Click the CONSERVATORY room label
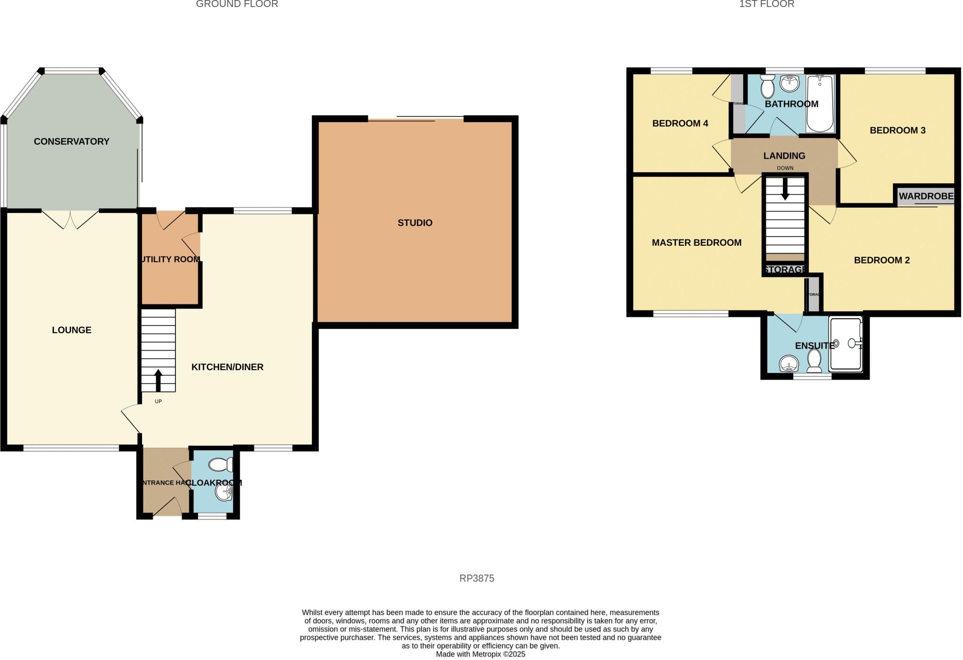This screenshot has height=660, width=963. coord(71,141)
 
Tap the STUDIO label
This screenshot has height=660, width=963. coord(415,223)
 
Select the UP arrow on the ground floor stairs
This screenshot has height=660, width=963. coord(158,380)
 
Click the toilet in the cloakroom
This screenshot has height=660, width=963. coord(221,465)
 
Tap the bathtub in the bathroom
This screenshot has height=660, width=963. coord(820,103)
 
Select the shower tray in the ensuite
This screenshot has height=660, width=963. coord(845,344)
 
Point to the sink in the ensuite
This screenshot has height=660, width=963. coord(789,364)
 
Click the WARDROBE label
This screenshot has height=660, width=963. coord(926,196)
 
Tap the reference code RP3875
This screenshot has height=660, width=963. coord(476,578)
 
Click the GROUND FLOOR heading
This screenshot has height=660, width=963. coord(237,4)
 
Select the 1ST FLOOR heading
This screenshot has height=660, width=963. coord(766,4)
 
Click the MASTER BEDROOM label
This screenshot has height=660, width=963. coord(696,242)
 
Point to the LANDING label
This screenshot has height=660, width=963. coord(784,155)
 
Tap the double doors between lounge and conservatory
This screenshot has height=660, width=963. coord(71,219)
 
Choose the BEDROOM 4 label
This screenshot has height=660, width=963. coord(680,124)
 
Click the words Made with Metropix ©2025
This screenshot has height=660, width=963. coord(480,654)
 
